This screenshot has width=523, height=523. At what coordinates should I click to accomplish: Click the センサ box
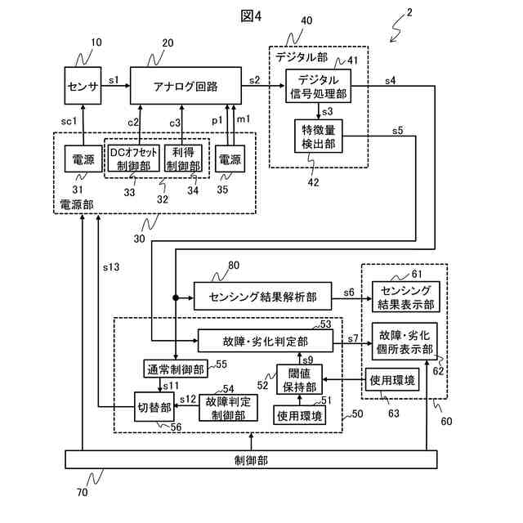pos(83,86)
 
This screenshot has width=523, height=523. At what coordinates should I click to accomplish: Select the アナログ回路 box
pos(186,86)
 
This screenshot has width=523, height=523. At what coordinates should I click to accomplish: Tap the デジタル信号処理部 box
pos(318,86)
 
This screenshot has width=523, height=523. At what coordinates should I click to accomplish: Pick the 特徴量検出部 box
pos(318,136)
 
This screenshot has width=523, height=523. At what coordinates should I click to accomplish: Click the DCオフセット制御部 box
pos(133,159)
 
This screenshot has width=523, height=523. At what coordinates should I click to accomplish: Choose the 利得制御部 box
pos(183,159)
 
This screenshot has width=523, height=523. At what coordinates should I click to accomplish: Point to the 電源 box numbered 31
pos(83,159)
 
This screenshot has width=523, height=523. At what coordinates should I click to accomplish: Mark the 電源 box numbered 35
pos(230,159)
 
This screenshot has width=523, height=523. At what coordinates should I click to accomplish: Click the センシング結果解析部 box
pos(262,296)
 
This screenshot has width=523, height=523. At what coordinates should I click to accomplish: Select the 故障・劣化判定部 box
pos(265,341)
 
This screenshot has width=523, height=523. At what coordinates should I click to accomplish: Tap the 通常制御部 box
pos(176,369)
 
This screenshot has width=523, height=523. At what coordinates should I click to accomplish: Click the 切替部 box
pos(154,407)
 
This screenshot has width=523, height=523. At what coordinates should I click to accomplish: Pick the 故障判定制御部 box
pos(228,408)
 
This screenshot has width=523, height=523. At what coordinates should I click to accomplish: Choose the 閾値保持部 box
pos(299,379)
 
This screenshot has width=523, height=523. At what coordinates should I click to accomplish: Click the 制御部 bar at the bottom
pos(251,459)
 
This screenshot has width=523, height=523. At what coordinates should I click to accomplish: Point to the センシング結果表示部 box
pos(405,297)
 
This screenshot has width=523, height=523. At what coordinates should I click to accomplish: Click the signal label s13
pos(111,267)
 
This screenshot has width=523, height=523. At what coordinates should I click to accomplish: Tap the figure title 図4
pos(251,16)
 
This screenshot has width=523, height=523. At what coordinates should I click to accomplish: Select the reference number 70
pos(82,492)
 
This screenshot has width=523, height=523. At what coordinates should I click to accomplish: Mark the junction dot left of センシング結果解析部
pos(176,297)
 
